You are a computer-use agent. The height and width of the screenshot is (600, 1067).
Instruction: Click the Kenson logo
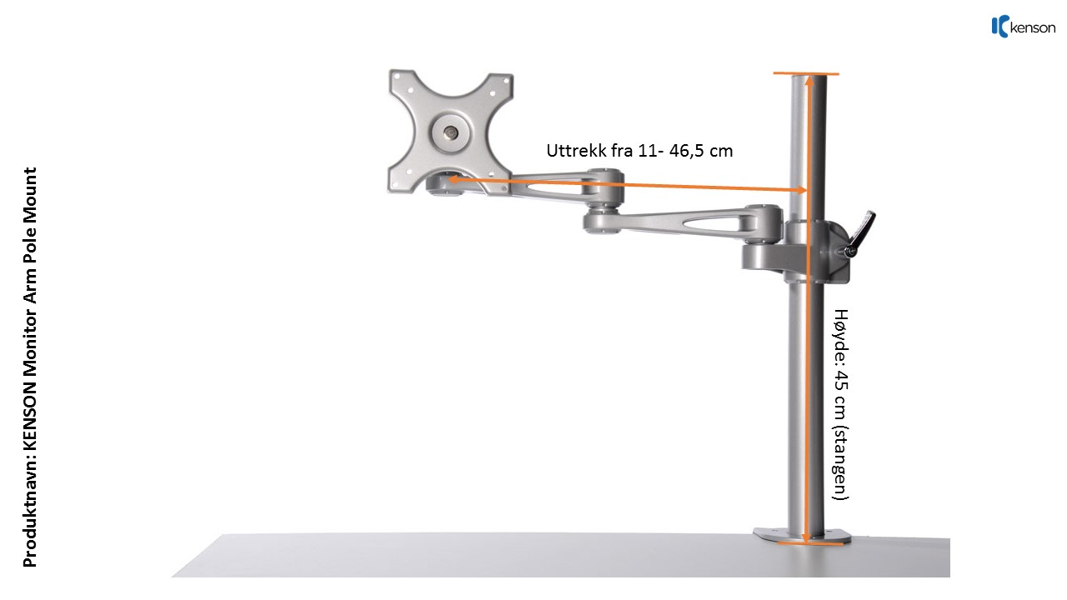1023,27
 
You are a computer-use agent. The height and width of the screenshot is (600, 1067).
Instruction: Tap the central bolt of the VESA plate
451,131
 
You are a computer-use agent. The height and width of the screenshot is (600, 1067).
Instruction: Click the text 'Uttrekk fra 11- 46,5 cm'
639,151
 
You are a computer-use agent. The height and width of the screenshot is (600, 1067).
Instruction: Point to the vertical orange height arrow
808,333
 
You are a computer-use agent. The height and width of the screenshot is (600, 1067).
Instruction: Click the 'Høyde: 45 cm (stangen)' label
842,404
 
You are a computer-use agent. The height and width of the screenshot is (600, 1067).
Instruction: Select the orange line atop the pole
806,73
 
